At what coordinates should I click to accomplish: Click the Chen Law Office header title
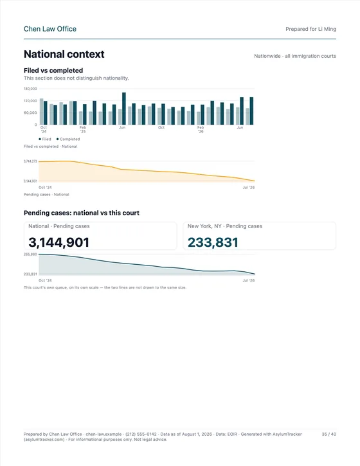click(x=50, y=29)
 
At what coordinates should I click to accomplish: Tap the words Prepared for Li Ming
click(x=310, y=29)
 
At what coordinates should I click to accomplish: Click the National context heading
click(x=64, y=54)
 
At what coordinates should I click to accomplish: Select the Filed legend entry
click(x=45, y=139)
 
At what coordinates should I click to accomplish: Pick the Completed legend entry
click(x=68, y=139)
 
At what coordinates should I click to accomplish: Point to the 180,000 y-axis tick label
click(x=30, y=89)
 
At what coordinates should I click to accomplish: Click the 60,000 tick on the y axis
click(x=30, y=112)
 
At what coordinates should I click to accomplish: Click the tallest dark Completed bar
click(x=124, y=109)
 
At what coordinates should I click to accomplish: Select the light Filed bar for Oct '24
click(x=42, y=112)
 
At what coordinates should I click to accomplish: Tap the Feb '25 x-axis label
click(x=83, y=130)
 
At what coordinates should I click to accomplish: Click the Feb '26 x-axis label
click(x=201, y=130)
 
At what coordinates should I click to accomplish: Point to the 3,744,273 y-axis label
click(x=30, y=161)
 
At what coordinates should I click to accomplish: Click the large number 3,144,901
click(x=59, y=242)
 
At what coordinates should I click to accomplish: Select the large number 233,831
click(x=213, y=242)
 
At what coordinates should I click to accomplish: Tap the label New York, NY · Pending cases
click(x=225, y=226)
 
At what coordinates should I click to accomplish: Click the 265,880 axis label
click(x=30, y=255)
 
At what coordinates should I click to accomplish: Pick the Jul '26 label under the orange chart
click(x=249, y=188)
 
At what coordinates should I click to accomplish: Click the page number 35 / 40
click(x=328, y=435)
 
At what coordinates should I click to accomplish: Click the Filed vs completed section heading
click(x=53, y=71)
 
